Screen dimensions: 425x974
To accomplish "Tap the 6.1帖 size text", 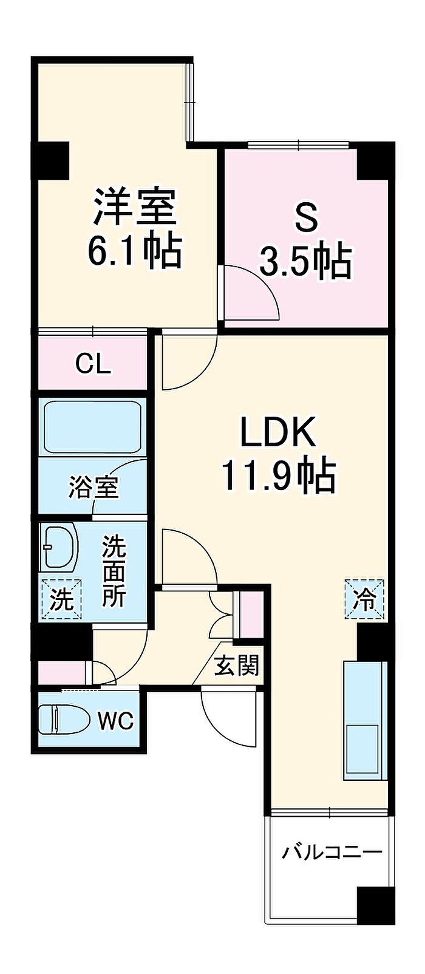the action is (134, 251).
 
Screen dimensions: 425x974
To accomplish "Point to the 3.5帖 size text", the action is (305, 262).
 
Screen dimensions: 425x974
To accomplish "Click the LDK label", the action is (278, 431).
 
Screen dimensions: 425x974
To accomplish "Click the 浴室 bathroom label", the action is (93, 486).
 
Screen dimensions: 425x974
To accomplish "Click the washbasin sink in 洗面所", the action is (59, 546).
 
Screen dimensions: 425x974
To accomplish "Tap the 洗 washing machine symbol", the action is (61, 599).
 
